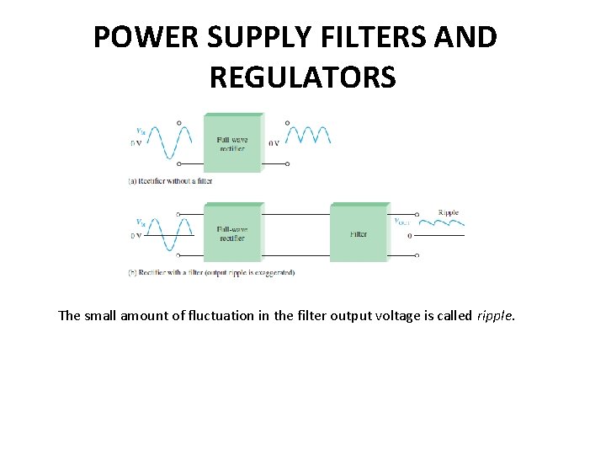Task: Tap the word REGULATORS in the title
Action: [x=302, y=78]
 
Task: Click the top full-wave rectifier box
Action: [x=232, y=143]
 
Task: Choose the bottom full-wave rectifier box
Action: [x=232, y=233]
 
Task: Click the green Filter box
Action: [x=359, y=233]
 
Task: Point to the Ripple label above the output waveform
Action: [x=449, y=212]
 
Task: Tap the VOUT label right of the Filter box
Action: [x=403, y=222]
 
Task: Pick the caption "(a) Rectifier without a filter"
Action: [x=170, y=180]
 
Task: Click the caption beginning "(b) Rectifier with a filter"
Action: [x=211, y=272]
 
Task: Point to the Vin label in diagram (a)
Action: [x=140, y=131]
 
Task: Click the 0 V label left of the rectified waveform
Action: [x=274, y=143]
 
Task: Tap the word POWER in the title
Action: [x=135, y=37]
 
